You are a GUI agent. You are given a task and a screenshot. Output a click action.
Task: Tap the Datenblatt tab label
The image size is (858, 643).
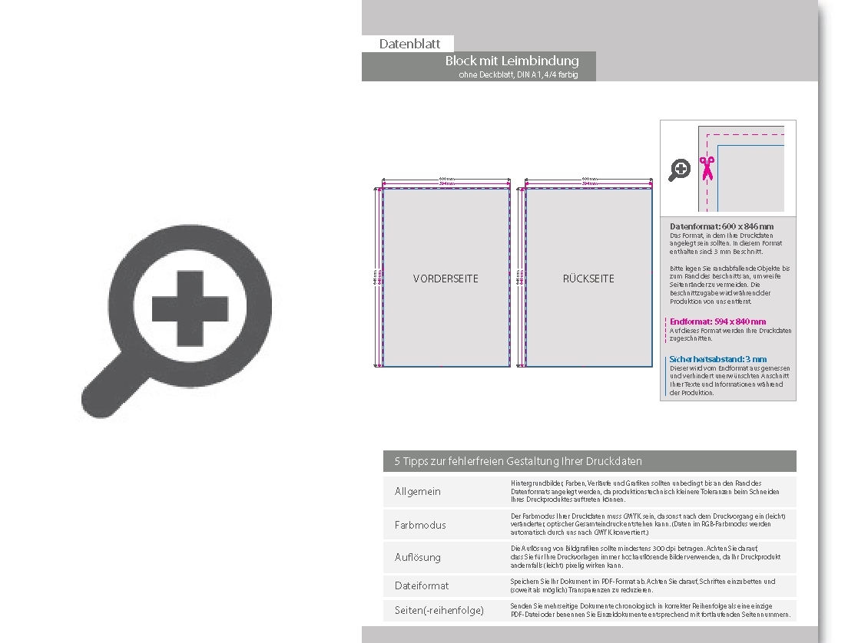[x=409, y=44]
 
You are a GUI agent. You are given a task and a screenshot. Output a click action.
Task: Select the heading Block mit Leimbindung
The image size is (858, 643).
[x=512, y=61]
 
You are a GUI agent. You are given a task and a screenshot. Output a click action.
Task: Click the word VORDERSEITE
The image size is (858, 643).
[x=446, y=279]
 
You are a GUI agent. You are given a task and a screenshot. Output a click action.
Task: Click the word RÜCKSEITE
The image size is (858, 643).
[x=588, y=279]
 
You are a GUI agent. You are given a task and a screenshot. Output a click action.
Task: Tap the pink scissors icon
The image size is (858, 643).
[x=707, y=167]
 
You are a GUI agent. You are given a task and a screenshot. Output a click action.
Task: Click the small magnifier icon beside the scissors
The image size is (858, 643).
[x=679, y=170]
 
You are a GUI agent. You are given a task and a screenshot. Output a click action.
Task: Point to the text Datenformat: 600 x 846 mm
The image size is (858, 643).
[x=721, y=226]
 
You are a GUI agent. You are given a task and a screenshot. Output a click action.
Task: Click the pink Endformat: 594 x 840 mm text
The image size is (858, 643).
[x=717, y=321]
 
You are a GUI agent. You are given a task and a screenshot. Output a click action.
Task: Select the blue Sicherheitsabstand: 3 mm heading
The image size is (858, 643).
[x=718, y=359]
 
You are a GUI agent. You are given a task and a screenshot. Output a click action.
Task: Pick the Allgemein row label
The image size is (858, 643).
[x=418, y=491]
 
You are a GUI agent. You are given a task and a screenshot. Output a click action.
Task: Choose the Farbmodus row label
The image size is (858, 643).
[x=420, y=525]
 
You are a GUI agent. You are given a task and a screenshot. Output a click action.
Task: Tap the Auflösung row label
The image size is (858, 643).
[x=418, y=557]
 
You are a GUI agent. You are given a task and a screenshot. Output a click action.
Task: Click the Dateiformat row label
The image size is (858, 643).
[x=422, y=585]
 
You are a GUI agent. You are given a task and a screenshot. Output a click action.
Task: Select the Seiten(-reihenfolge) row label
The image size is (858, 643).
[x=439, y=610]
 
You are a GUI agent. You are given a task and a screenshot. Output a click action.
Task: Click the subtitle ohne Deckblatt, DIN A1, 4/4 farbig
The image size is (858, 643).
[x=518, y=74]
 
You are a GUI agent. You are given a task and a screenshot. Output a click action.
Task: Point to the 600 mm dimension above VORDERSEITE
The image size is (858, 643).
[x=446, y=179]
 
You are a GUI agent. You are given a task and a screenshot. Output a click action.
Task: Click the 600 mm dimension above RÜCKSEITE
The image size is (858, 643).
[x=589, y=179]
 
